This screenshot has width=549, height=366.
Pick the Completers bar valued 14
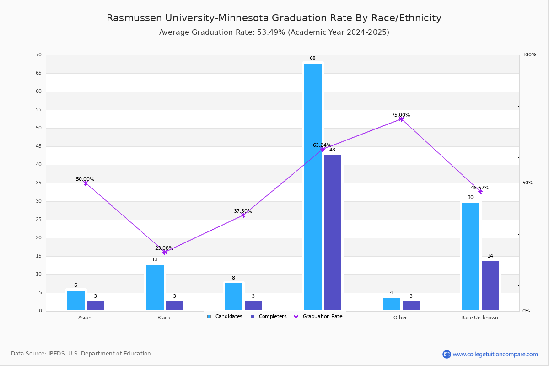pos(490,285)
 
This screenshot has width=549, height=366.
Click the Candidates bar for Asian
pos(76,300)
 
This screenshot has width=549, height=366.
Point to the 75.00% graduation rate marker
pos(401,119)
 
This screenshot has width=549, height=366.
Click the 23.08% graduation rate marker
pos(165,252)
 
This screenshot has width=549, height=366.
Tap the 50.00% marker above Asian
pos(86,183)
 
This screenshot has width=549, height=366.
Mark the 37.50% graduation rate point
pos(243,215)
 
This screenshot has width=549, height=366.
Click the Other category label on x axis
pos(400,318)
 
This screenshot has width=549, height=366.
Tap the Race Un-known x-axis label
pos(479,318)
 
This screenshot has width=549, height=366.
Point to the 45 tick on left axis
pos(38,146)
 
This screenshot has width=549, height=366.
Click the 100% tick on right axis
pos(529,55)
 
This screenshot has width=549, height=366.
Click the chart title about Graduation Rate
pos(274,18)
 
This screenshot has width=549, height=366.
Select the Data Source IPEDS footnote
pos(81,354)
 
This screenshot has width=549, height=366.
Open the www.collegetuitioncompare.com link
pos(495,354)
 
